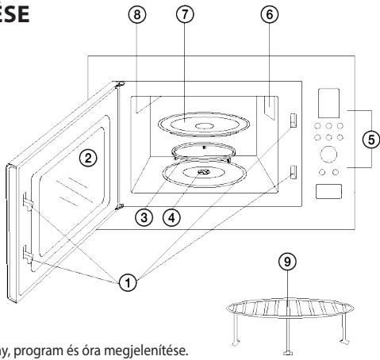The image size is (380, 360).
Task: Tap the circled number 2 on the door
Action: [x=92, y=157]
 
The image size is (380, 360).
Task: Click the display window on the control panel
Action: [x=328, y=102]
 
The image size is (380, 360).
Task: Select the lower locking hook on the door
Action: [x=28, y=254]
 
